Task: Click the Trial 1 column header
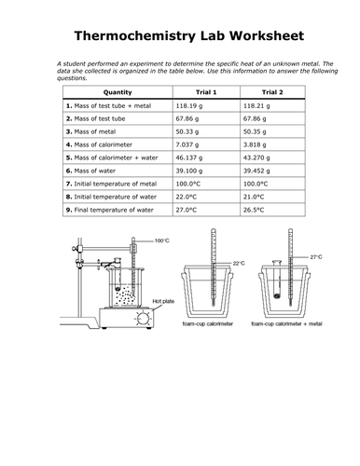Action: [206, 92]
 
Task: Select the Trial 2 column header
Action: [272, 92]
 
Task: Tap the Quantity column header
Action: [118, 92]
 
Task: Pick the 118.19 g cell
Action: [189, 106]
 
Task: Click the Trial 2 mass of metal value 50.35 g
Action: [255, 131]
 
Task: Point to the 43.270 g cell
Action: [256, 158]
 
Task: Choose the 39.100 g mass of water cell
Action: [189, 171]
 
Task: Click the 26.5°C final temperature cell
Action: [254, 210]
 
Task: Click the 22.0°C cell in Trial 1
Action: [187, 197]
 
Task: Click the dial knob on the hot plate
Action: [143, 319]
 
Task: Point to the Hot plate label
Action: [163, 301]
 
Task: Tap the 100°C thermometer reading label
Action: [162, 240]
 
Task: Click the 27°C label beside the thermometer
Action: [316, 257]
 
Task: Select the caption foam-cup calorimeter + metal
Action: [286, 323]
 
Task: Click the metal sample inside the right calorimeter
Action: [277, 296]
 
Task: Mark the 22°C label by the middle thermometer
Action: [239, 264]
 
